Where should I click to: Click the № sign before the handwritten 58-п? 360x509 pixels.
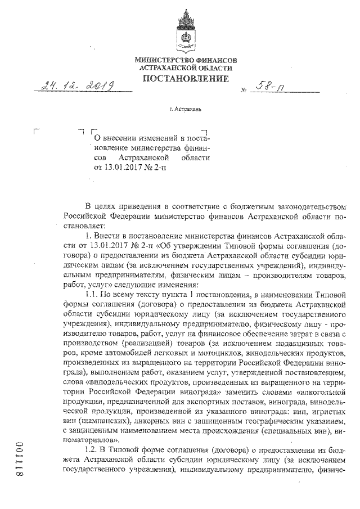(244, 90)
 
